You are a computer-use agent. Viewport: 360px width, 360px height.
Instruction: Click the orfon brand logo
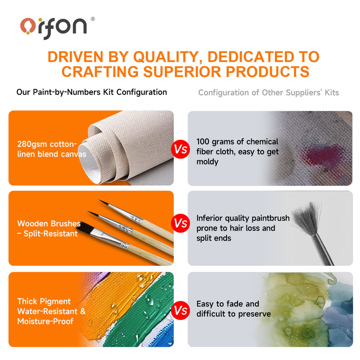click(54, 28)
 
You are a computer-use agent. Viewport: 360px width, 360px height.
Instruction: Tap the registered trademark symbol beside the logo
click(93, 19)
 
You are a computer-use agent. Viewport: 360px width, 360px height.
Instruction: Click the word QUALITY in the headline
click(166, 57)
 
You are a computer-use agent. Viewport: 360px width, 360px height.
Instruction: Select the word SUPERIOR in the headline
click(182, 72)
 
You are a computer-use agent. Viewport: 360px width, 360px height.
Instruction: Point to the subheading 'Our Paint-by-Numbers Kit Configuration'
click(91, 92)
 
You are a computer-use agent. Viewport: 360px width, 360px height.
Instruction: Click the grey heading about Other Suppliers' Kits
click(268, 93)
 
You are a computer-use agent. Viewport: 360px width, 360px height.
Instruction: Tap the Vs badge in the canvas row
click(180, 149)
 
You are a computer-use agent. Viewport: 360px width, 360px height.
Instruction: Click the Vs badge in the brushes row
click(180, 223)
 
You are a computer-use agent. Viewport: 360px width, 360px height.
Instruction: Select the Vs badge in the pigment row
click(180, 310)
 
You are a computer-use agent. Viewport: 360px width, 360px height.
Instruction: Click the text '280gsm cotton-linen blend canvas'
click(52, 149)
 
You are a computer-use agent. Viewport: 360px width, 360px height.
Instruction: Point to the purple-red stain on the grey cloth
click(322, 155)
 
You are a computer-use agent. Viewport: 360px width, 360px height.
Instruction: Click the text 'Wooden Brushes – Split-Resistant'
click(49, 228)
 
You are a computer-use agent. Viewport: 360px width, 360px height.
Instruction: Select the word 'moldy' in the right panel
click(207, 162)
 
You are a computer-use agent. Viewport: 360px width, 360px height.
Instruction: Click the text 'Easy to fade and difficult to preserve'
click(234, 309)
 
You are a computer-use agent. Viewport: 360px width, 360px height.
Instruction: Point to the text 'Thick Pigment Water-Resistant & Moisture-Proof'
click(51, 311)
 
